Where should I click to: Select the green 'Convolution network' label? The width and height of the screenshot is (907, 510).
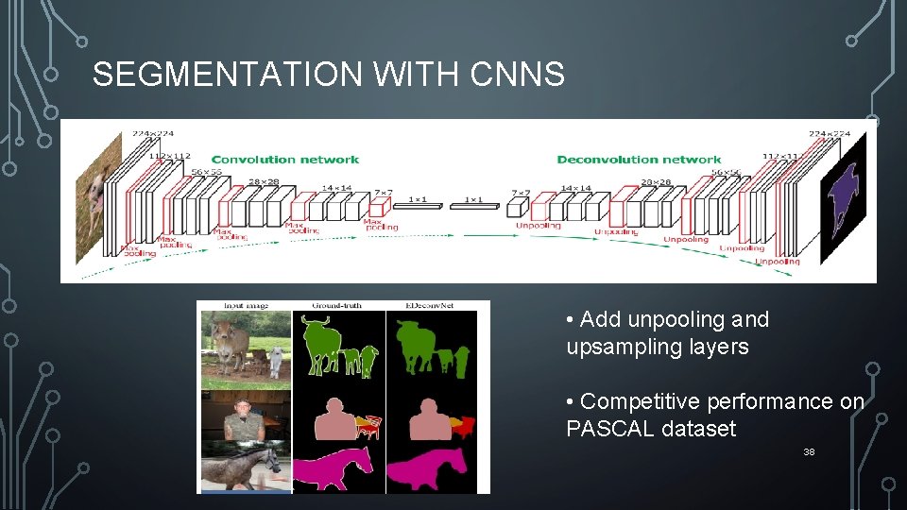point(284,160)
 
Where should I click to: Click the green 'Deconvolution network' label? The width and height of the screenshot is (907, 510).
point(639,160)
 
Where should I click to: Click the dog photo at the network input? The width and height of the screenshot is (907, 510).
point(97,197)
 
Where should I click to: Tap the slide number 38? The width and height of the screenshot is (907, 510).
point(808,452)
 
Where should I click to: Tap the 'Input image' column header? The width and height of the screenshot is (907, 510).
point(245,305)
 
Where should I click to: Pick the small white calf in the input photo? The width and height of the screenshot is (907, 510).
point(275,360)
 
